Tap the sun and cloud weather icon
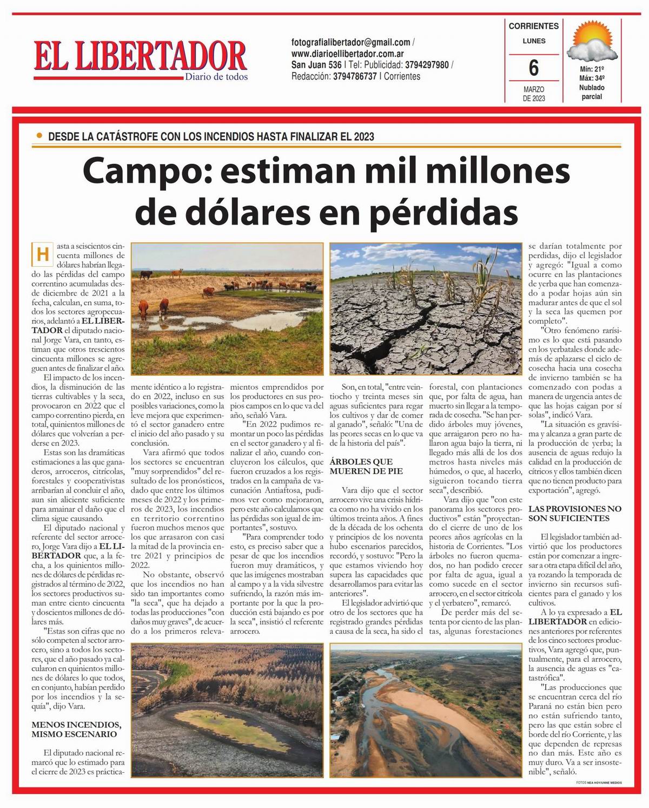pyautogui.click(x=591, y=43)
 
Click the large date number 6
pyautogui.click(x=533, y=68)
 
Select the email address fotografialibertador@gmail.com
pyautogui.click(x=350, y=42)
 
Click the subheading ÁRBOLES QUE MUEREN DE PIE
pyautogui.click(x=361, y=466)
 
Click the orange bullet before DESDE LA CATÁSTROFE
pyautogui.click(x=38, y=136)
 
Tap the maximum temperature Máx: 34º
pyautogui.click(x=591, y=78)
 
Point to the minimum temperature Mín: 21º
pyautogui.click(x=591, y=69)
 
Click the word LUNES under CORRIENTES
pyautogui.click(x=533, y=41)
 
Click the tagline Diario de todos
pyautogui.click(x=216, y=77)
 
